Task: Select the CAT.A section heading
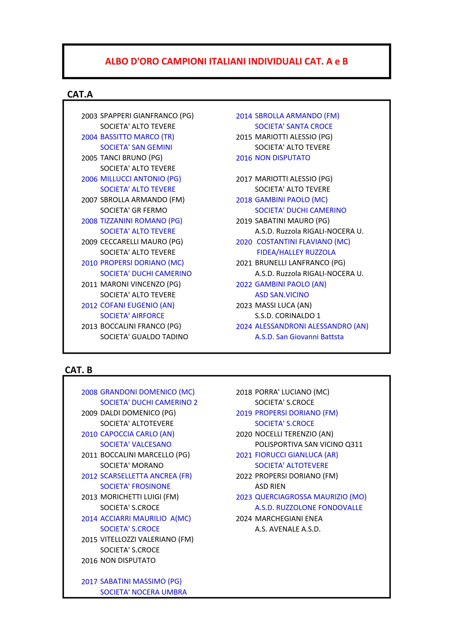click(x=80, y=94)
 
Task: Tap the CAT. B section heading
click(x=78, y=370)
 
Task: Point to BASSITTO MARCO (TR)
click(x=137, y=137)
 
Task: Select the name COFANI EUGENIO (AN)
click(x=137, y=305)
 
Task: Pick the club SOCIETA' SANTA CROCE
click(x=293, y=126)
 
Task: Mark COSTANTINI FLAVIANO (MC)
click(x=303, y=242)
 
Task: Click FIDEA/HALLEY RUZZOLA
click(x=296, y=252)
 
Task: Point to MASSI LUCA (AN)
click(x=283, y=305)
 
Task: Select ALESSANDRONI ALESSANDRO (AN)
click(x=311, y=326)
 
